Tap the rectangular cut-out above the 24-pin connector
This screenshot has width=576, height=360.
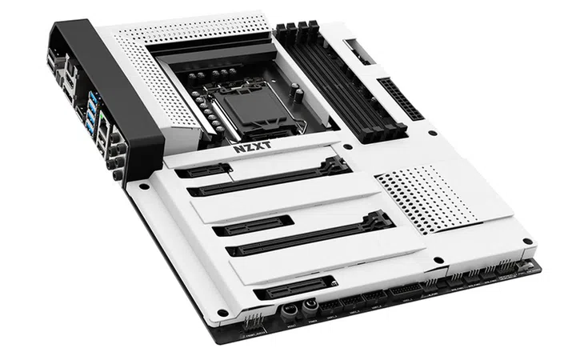[359, 53]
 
